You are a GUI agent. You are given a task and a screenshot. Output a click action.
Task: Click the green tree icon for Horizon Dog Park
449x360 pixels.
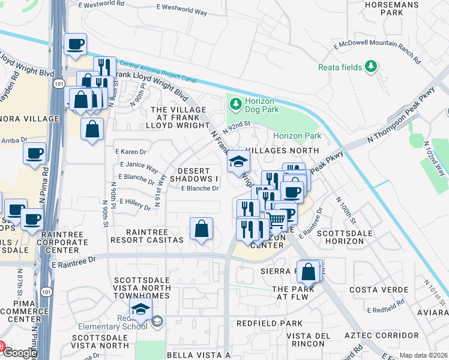point(235,104)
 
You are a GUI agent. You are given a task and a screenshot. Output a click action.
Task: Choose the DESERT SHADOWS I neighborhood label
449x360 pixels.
point(194,175)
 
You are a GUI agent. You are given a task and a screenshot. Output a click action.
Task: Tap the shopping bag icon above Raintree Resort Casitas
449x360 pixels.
point(201,229)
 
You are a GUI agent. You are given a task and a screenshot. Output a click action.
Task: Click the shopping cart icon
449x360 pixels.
point(277,220)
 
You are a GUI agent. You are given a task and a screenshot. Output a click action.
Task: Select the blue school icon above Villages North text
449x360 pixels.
point(238,161)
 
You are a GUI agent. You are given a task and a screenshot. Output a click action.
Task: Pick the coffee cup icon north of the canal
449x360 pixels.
point(76,44)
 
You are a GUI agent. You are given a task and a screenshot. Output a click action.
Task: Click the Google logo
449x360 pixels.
point(19,353)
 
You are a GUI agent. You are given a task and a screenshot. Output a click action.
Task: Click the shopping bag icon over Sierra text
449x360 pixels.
point(309,271)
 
